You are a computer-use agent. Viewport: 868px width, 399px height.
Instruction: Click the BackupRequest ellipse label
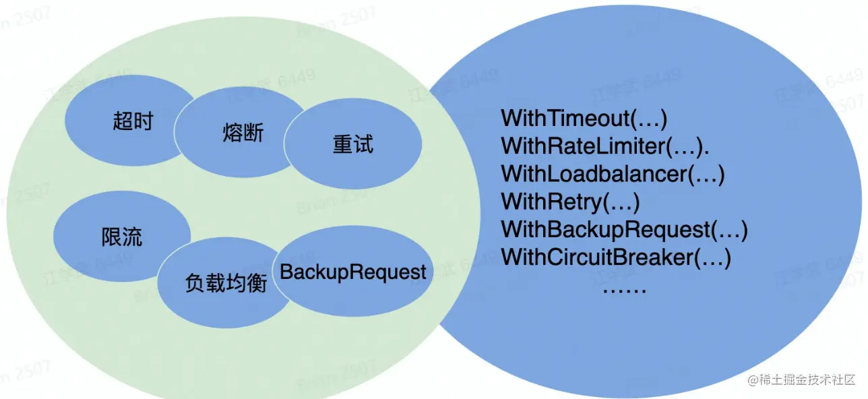pos(353,272)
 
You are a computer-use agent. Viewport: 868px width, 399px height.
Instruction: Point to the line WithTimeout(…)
pos(584,119)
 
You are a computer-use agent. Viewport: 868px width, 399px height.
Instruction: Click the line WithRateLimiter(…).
pos(602,146)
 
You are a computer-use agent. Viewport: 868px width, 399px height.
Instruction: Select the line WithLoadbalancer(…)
pos(613,174)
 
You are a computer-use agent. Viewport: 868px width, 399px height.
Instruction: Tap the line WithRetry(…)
pos(570,202)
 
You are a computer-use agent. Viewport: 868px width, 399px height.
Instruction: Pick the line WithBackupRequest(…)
pos(624,229)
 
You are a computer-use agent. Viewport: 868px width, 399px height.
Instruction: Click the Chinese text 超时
pos(133,122)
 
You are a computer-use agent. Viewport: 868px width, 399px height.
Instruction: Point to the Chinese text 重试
pos(352,145)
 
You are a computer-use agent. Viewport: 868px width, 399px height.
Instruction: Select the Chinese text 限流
pos(122,237)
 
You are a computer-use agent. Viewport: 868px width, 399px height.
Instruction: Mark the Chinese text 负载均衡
pos(226,284)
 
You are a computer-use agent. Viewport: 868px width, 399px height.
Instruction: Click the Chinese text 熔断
pos(242,132)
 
